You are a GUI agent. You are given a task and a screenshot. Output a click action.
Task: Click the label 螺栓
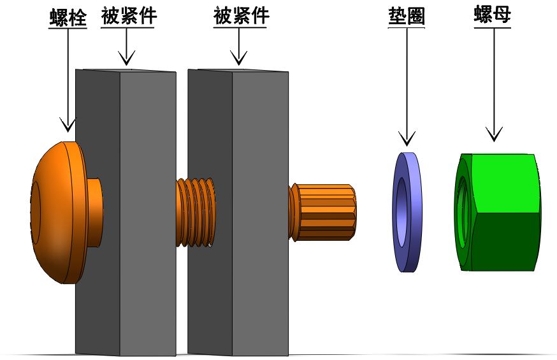click(x=68, y=17)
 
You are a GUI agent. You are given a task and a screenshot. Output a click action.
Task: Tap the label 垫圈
click(x=407, y=17)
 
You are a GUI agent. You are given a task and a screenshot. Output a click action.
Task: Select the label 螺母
click(x=493, y=15)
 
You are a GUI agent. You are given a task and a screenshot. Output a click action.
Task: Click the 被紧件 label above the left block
click(x=128, y=16)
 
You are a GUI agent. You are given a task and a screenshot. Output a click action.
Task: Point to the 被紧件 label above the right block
click(x=240, y=16)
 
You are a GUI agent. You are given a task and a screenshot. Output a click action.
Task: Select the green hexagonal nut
click(x=498, y=212)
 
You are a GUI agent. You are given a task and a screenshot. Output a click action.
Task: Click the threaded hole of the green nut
click(x=463, y=212)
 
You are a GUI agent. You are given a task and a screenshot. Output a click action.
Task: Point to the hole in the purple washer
click(x=401, y=212)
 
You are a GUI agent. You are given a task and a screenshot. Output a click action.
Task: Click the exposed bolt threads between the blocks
click(x=196, y=212)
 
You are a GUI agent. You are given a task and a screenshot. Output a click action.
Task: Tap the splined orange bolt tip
click(x=322, y=212)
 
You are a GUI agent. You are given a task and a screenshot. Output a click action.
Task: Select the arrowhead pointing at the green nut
click(x=494, y=134)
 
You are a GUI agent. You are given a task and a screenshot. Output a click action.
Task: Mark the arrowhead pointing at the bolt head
click(x=68, y=125)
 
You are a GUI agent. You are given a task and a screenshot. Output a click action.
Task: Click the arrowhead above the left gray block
click(x=127, y=58)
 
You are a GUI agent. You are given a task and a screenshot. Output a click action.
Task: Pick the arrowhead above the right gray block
click(x=239, y=58)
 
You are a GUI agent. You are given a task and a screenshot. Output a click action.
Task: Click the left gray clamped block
click(x=126, y=212)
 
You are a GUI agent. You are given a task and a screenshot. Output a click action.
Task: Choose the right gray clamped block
click(x=238, y=212)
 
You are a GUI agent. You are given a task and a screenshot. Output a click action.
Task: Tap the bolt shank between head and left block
click(x=95, y=212)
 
